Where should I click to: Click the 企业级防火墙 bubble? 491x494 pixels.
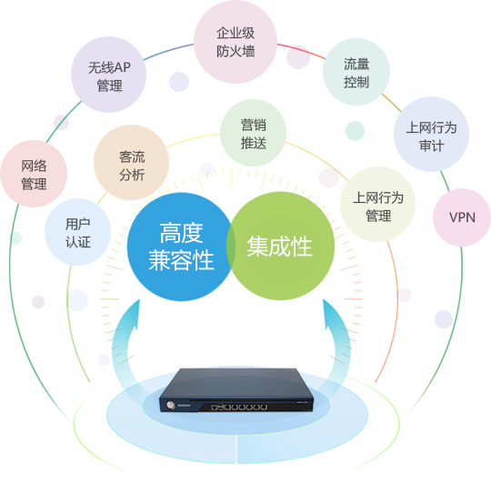coord(235,42)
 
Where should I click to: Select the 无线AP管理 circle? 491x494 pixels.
coord(108,75)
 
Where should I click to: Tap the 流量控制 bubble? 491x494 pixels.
coord(356,72)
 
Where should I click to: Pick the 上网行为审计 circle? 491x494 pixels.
coord(431,135)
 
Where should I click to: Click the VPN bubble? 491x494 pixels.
coord(462,217)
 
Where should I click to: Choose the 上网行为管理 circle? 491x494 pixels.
coord(377,204)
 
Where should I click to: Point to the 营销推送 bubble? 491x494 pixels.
coord(253,133)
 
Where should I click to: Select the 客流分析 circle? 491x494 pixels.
coord(131,163)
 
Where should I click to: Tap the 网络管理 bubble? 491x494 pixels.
coord(34,174)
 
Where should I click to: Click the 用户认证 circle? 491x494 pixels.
coord(78,232)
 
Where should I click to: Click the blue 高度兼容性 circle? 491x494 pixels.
coord(181,247)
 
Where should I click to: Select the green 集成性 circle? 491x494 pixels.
coord(280,246)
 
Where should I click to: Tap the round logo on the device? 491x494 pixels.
coord(170,405)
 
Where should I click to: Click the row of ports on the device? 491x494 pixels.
coord(239,407)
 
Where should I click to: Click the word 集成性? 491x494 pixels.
coord(279,247)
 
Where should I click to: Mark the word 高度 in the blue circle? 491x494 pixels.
coord(181,233)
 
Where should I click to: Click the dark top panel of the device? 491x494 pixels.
coord(235,384)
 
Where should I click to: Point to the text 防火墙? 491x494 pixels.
coord(235,51)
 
